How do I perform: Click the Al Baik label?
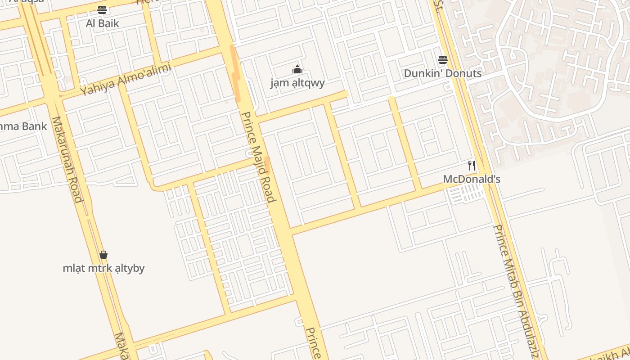102,23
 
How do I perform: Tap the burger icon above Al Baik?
102,10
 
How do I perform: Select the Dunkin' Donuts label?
442,73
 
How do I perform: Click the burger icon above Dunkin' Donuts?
442,59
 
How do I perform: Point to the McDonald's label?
471,179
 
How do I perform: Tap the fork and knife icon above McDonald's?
471,165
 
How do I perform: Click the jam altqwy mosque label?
297,83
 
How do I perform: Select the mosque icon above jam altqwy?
297,69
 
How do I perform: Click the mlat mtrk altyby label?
103,269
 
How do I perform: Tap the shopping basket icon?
103,255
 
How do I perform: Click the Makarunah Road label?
67,160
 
